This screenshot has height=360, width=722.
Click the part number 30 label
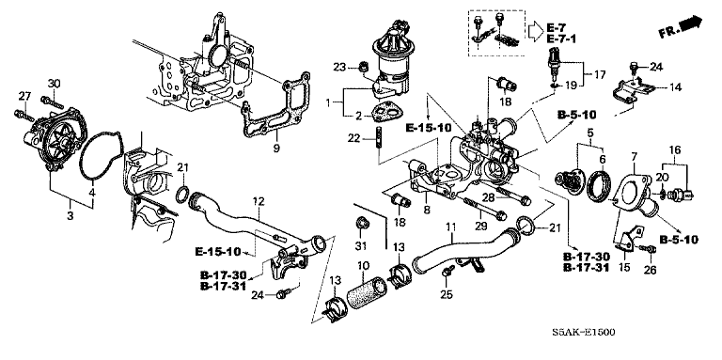pyautogui.click(x=54, y=84)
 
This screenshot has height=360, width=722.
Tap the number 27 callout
pyautogui.click(x=24, y=96)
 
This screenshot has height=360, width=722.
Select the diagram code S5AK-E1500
pyautogui.click(x=584, y=332)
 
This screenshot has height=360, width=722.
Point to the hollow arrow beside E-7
pyautogui.click(x=535, y=31)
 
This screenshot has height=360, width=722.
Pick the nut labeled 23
pyautogui.click(x=364, y=68)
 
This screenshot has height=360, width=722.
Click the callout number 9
pyautogui.click(x=276, y=148)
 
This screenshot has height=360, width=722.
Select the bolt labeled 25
pyautogui.click(x=447, y=272)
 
